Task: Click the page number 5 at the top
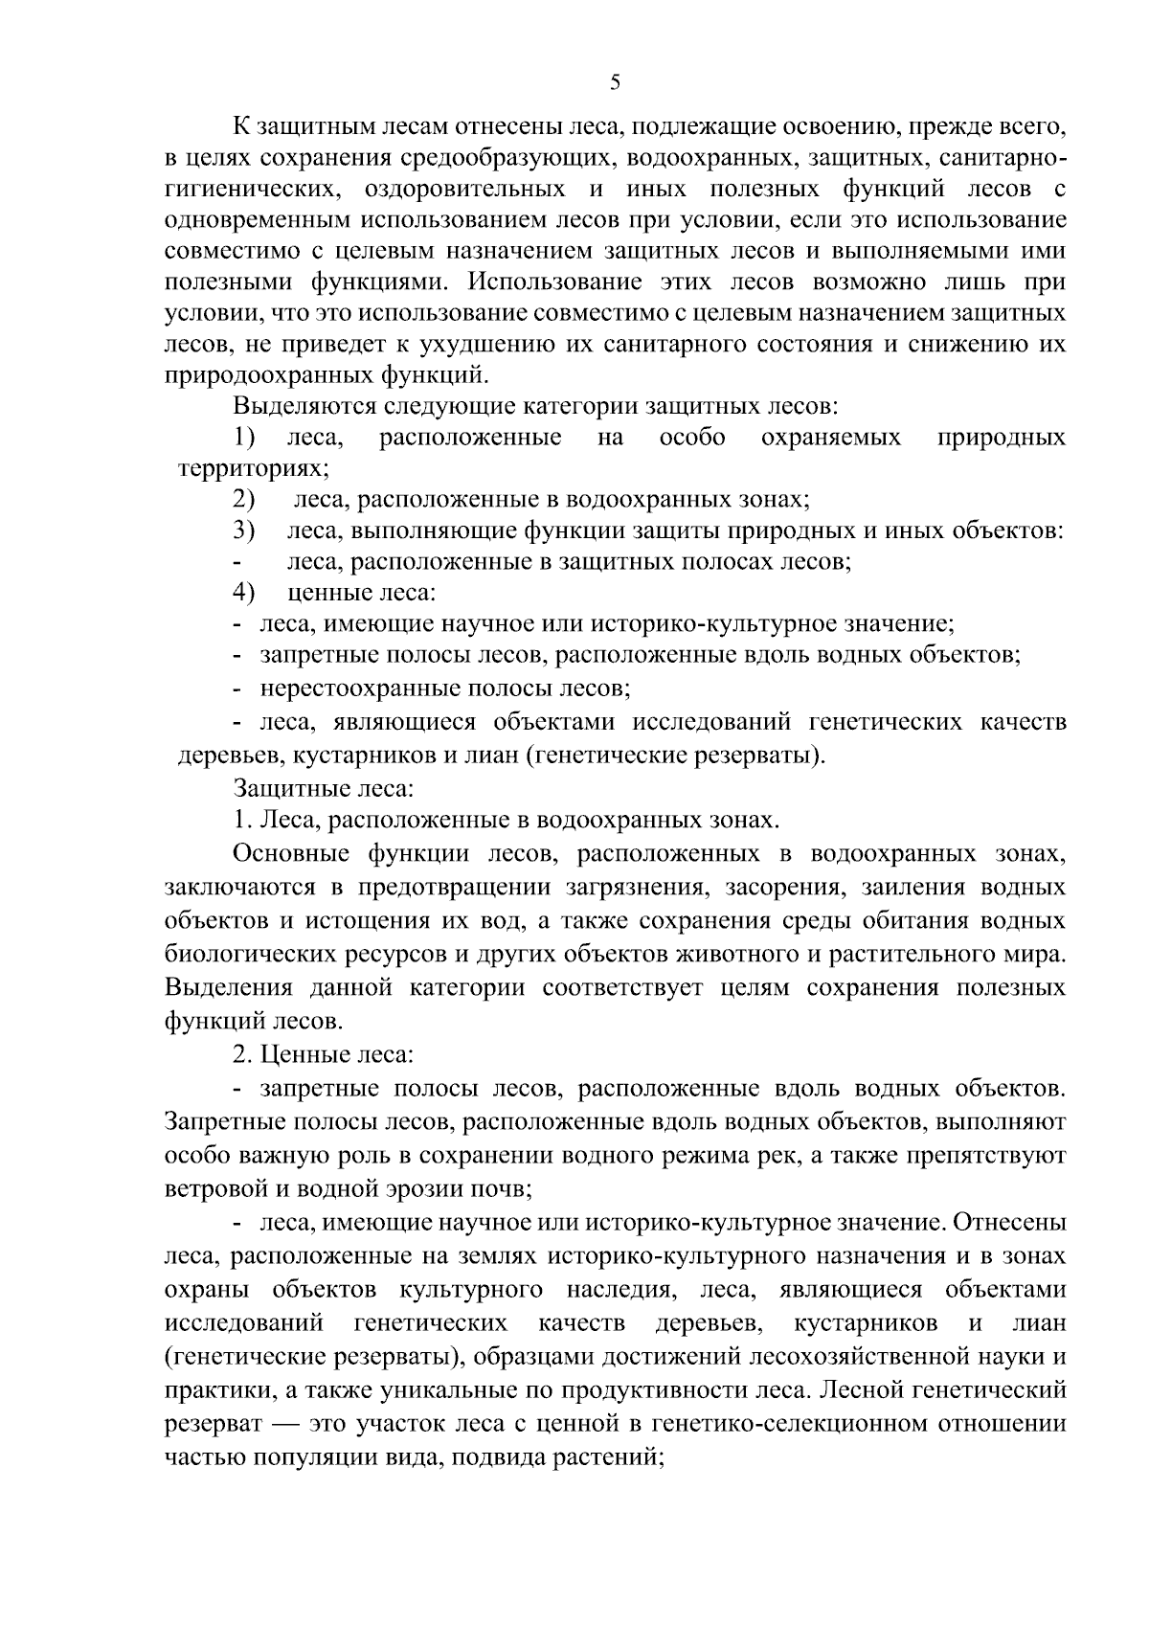pyautogui.click(x=615, y=83)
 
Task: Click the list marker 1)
pyautogui.click(x=245, y=438)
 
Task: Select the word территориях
pyautogui.click(x=252, y=469)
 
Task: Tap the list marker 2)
pyautogui.click(x=244, y=500)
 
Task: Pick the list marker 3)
pyautogui.click(x=244, y=530)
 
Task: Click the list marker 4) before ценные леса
pyautogui.click(x=244, y=593)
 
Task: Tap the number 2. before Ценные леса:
pyautogui.click(x=242, y=1054)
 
